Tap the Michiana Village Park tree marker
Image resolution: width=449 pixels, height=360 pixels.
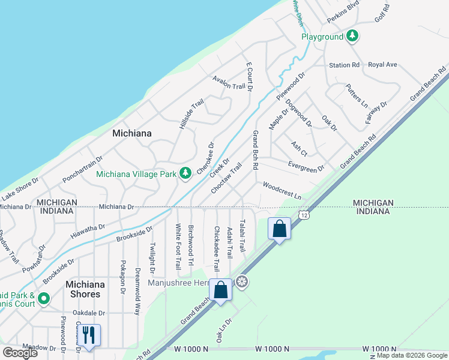pos(186,173)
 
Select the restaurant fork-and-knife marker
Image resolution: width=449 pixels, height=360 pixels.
pos(89,335)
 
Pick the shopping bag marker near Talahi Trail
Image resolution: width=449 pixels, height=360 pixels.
pos(279,229)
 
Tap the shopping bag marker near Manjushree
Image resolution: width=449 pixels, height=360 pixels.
pos(221,289)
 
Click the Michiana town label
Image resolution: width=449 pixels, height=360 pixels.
pos(132,133)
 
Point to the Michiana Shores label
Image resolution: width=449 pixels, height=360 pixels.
pos(83,289)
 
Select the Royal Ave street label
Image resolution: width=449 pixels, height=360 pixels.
pos(383,64)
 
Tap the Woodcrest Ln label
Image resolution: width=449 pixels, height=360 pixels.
pos(282,191)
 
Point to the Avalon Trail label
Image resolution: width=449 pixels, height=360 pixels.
pos(229,83)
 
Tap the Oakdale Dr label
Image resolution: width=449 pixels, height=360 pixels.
pos(89,313)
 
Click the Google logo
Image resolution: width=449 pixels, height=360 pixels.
pos(20,353)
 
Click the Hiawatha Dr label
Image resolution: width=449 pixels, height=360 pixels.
pos(88,232)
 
